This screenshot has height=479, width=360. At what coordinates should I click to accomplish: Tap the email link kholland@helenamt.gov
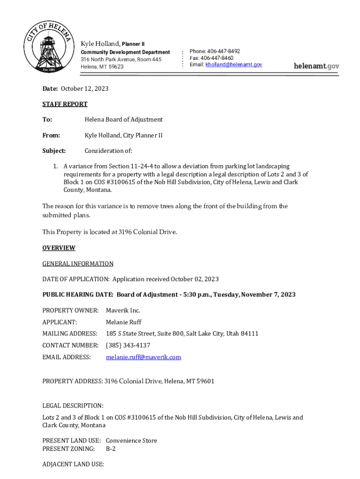pyautogui.click(x=234, y=65)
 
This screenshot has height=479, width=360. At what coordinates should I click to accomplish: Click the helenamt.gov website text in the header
pyautogui.click(x=316, y=66)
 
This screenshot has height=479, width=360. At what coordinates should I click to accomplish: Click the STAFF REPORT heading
pyautogui.click(x=65, y=104)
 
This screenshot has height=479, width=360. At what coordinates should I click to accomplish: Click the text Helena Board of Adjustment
pyautogui.click(x=123, y=120)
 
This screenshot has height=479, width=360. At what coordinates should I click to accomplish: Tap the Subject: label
pyautogui.click(x=54, y=151)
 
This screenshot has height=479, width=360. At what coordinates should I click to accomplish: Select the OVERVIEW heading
pyautogui.click(x=59, y=248)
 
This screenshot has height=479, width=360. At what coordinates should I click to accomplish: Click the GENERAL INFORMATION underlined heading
pyautogui.click(x=78, y=264)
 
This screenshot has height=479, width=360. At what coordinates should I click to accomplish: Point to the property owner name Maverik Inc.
pyautogui.click(x=123, y=311)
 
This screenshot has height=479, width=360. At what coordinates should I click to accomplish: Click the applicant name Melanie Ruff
pyautogui.click(x=123, y=322)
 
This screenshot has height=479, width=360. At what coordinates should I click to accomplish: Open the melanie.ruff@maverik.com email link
pyautogui.click(x=143, y=357)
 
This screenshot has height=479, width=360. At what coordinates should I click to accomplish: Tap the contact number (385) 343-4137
pyautogui.click(x=128, y=346)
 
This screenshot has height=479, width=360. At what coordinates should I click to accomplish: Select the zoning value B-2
pyautogui.click(x=111, y=449)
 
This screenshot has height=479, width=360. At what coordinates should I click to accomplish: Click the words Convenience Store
pyautogui.click(x=131, y=441)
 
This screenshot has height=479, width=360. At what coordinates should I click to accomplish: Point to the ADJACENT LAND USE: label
pyautogui.click(x=73, y=464)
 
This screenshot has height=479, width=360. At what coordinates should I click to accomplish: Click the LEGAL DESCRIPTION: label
pyautogui.click(x=73, y=406)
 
